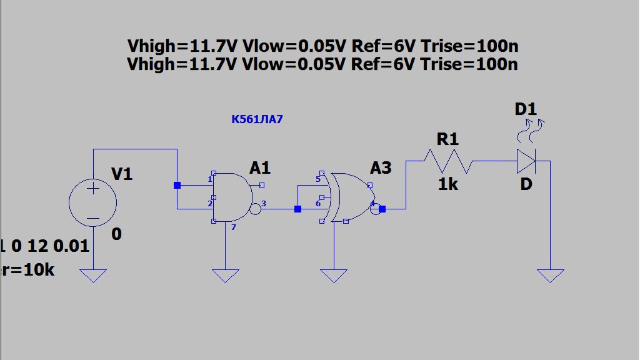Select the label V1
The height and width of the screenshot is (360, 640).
coord(122,174)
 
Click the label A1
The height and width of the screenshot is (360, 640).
coord(260,167)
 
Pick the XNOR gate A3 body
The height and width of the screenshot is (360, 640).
coord(350,197)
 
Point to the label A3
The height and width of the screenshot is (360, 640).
coord(381,167)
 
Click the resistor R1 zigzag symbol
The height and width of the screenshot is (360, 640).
coord(447,161)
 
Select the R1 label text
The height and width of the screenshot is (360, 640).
coord(447,139)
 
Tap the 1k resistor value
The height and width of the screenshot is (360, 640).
coord(447,184)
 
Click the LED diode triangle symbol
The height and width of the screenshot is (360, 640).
coord(526,161)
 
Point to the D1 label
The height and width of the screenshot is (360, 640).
coord(526,109)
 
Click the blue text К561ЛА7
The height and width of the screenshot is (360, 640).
coord(257,119)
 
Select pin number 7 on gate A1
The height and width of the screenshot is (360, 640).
coord(234,227)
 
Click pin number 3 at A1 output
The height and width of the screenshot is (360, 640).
coord(264,204)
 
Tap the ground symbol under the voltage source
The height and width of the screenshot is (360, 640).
coord(92,275)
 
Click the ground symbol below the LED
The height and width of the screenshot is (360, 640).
coord(550,275)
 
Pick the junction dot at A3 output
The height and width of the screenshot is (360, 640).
coord(382,209)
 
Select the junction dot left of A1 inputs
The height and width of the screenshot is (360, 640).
coord(177,185)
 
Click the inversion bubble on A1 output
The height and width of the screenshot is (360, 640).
coord(255,209)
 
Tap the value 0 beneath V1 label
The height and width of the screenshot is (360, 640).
coord(117,234)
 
